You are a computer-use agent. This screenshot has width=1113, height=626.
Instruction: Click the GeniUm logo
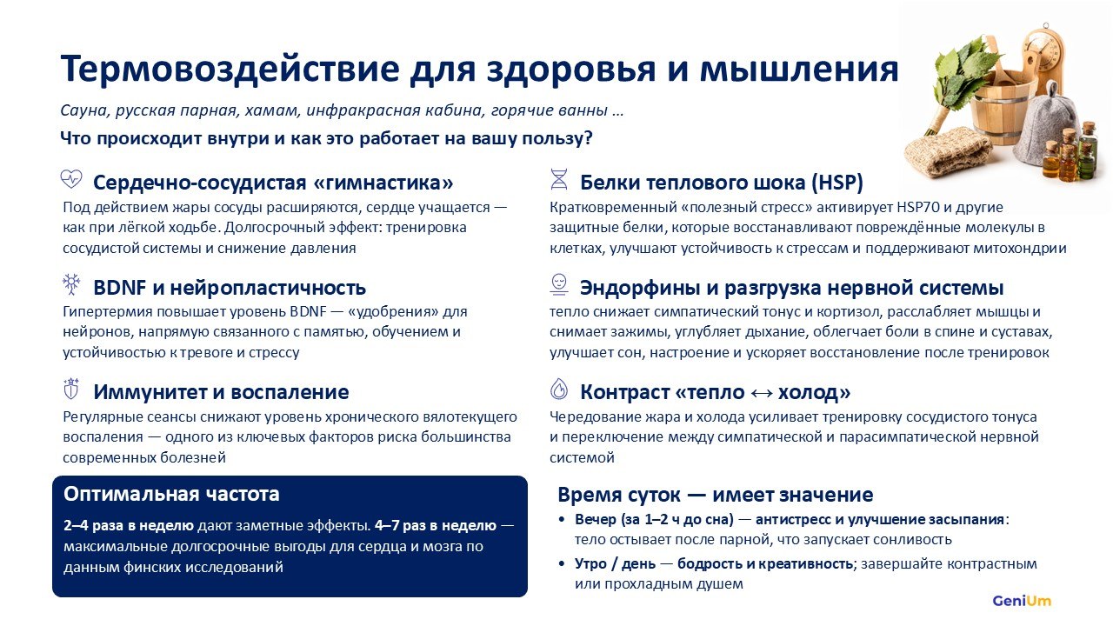(x=1022, y=601)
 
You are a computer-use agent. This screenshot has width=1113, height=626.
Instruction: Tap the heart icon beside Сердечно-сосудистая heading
(x=71, y=178)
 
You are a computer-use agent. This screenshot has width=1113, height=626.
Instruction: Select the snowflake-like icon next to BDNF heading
(x=71, y=283)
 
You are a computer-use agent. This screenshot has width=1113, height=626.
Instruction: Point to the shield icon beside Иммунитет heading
(x=71, y=389)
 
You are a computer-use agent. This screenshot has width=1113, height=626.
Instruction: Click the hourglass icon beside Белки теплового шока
(x=559, y=179)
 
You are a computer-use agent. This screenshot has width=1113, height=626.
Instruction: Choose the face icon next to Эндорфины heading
(x=559, y=284)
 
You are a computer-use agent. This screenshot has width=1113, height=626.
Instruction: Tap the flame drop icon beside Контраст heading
(x=559, y=389)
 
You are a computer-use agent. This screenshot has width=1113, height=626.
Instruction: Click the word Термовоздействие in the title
(x=230, y=69)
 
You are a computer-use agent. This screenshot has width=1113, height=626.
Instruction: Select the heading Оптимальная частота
(x=171, y=495)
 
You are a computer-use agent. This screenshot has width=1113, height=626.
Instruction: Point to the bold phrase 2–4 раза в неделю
(x=129, y=526)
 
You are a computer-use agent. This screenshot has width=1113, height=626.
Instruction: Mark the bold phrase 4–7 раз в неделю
(x=436, y=526)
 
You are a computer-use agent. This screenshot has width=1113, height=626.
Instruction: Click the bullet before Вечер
(x=562, y=520)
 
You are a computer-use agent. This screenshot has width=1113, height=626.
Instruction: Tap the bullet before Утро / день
(x=562, y=564)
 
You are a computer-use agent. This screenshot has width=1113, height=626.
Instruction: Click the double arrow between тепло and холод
(x=761, y=393)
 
